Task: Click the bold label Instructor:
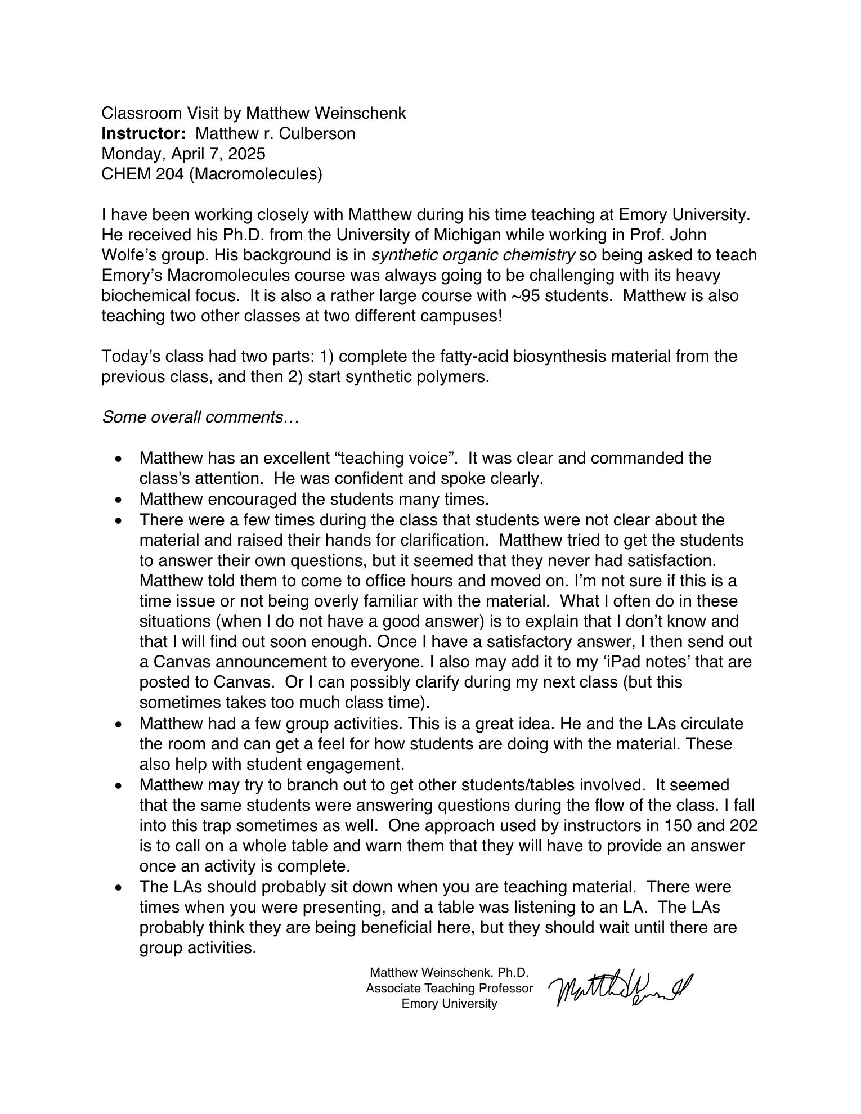(x=143, y=133)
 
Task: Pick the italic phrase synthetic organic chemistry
(x=473, y=255)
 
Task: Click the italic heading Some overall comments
(x=200, y=417)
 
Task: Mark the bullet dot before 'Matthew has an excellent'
(x=118, y=459)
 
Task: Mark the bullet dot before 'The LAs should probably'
(x=118, y=888)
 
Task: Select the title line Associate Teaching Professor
(x=449, y=988)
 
